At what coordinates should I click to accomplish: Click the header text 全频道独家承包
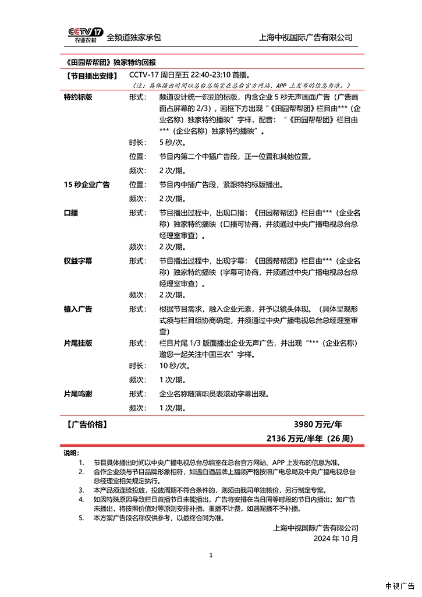pos(134,37)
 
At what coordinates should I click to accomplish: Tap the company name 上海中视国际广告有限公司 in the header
pos(306,37)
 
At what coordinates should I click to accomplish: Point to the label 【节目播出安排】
pos(90,75)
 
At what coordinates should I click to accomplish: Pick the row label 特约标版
pos(78,97)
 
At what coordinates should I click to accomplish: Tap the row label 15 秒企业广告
pos(87,185)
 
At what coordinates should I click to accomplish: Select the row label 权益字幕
pos(78,261)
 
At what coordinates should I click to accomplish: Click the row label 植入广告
pos(78,309)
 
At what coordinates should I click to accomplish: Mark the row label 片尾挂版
pos(78,343)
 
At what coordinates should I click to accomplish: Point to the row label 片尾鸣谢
pos(78,394)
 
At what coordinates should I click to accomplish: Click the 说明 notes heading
pos(70,453)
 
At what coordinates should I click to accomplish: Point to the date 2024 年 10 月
pos(336,538)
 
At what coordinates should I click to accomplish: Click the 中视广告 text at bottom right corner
pos(399,586)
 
